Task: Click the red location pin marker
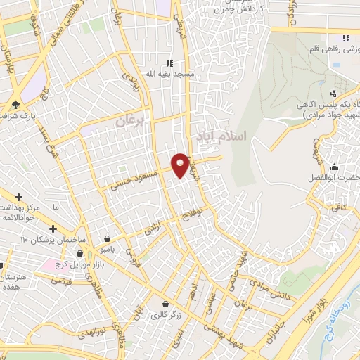(x=181, y=165)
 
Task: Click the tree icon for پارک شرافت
(x=15, y=105)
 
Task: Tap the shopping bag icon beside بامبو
(x=106, y=238)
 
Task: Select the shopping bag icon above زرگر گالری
(x=165, y=304)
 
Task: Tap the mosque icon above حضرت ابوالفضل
(x=333, y=167)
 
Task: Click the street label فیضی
(x=63, y=280)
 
